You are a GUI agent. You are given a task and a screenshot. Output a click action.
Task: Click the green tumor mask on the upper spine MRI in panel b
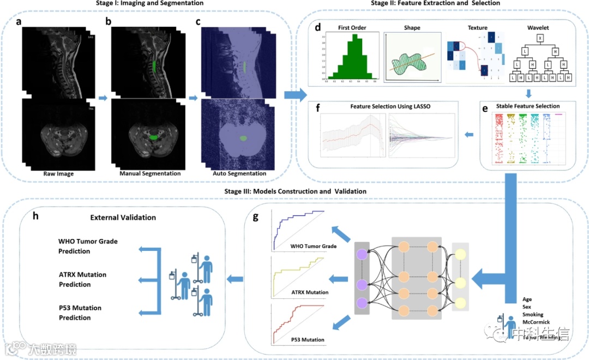tap(155, 67)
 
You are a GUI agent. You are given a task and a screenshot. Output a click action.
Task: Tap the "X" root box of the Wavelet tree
tap(539, 38)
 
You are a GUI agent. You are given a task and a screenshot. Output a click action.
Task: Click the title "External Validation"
tap(123, 217)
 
